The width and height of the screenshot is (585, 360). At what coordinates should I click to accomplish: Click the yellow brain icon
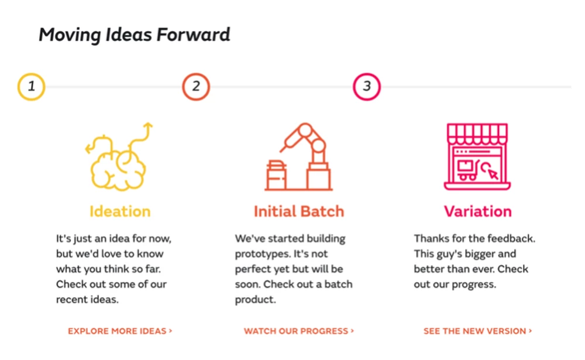click(x=119, y=157)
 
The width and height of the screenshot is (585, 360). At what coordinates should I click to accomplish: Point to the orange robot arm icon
click(x=298, y=157)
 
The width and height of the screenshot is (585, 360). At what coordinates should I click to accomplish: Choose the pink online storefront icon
click(x=477, y=157)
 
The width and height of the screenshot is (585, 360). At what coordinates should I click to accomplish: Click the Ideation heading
click(x=120, y=211)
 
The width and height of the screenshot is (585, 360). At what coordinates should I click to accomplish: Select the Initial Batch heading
click(x=299, y=211)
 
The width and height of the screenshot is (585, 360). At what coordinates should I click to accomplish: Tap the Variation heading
click(x=477, y=211)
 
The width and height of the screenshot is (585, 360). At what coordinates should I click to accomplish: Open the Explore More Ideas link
click(x=120, y=331)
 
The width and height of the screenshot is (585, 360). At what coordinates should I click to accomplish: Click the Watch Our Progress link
click(x=299, y=331)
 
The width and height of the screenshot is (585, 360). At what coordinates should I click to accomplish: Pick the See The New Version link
click(x=477, y=331)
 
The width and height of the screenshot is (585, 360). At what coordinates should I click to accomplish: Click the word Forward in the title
click(x=193, y=35)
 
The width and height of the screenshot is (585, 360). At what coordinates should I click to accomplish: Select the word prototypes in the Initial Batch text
click(x=263, y=254)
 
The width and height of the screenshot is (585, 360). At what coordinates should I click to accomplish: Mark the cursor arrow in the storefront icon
click(x=493, y=174)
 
